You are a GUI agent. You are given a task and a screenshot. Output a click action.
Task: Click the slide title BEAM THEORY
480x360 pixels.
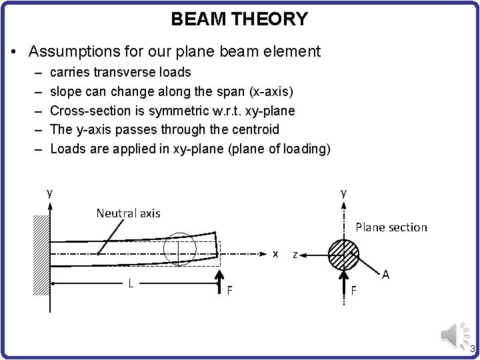pyautogui.click(x=239, y=19)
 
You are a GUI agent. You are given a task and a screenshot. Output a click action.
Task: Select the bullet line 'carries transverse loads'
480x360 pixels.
pyautogui.click(x=121, y=72)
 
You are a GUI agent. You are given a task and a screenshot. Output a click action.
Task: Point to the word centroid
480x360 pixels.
pyautogui.click(x=249, y=129)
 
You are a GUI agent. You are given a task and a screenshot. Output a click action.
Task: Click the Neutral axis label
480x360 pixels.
pyautogui.click(x=128, y=213)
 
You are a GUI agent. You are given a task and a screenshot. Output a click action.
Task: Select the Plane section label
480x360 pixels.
pyautogui.click(x=391, y=227)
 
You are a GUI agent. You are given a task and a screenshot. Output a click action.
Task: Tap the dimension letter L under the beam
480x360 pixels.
pyautogui.click(x=131, y=283)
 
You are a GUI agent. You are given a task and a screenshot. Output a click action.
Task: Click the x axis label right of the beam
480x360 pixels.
pyautogui.click(x=276, y=254)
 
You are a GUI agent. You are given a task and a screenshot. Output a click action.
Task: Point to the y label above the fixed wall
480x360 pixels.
pyautogui.click(x=49, y=193)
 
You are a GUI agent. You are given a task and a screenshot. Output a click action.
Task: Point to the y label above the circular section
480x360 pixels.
pyautogui.click(x=343, y=193)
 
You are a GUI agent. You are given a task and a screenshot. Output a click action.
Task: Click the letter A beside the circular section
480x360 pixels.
pyautogui.click(x=385, y=275)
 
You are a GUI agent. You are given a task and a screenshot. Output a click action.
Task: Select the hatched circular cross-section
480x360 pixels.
pyautogui.click(x=343, y=253)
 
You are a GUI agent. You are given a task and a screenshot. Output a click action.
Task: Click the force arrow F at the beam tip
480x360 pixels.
pyautogui.click(x=220, y=280)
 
